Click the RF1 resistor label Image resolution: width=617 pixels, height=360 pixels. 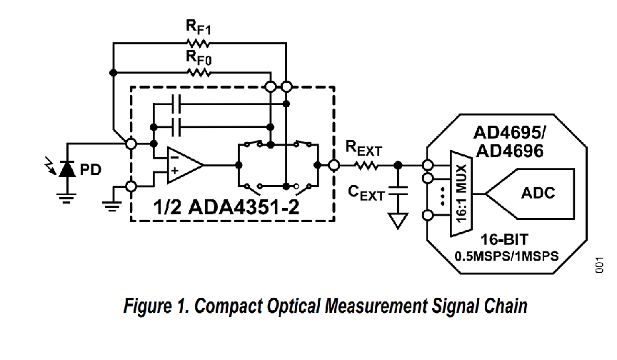(199, 28)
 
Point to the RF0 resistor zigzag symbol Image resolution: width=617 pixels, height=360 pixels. (199, 73)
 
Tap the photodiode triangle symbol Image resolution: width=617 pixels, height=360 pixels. (67, 169)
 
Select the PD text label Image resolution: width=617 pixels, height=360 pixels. (91, 169)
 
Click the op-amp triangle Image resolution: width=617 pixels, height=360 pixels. (185, 165)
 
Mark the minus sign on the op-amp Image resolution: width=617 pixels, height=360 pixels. (174, 157)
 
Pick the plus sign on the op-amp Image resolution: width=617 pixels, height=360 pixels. (174, 171)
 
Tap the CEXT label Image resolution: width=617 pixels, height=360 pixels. (366, 193)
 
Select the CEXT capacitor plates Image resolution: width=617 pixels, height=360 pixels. (398, 191)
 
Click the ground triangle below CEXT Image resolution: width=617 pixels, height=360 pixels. (398, 220)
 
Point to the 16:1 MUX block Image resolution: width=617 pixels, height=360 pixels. (461, 194)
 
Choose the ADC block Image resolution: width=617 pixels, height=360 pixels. (530, 194)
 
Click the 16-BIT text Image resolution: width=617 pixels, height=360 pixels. (505, 239)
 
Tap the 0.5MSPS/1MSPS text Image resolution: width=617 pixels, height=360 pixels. (506, 256)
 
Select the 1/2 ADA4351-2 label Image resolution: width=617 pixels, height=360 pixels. (226, 207)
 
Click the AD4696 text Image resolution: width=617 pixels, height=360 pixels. (510, 151)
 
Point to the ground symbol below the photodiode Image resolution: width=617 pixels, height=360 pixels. (67, 198)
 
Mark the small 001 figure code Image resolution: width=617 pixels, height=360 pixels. (599, 264)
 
